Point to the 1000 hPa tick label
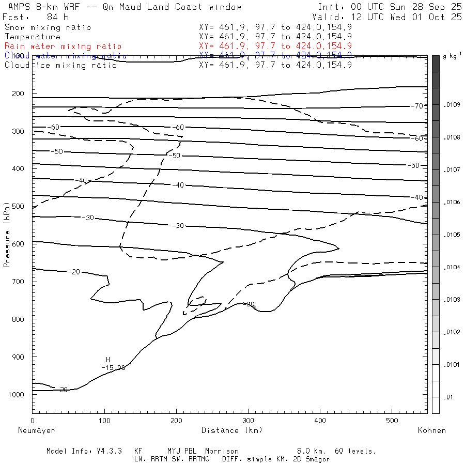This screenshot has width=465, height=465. tap(17, 395)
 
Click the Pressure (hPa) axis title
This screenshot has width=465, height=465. tap(7, 242)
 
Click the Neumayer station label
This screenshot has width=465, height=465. tap(36, 430)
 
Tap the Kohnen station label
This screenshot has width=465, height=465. tap(431, 430)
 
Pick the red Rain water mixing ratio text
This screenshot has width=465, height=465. tap(63, 47)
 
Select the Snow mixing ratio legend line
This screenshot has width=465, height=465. tap(48, 27)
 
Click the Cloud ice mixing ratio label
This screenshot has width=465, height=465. tap(60, 65)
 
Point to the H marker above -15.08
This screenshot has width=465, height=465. tap(108, 360)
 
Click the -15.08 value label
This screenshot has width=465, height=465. tap(113, 368)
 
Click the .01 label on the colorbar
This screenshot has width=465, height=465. tap(449, 397)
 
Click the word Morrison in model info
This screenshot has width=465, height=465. tap(222, 451)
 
